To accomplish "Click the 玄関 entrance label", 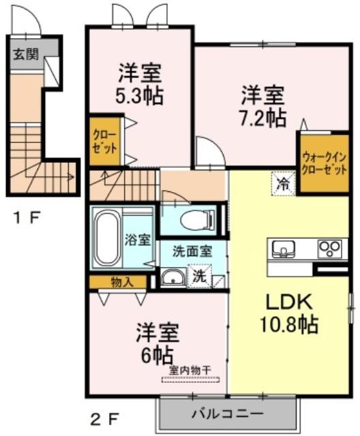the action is click(x=26, y=54).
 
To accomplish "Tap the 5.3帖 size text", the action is click(x=139, y=96).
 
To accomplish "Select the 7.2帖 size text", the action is click(x=262, y=118).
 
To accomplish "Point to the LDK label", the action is click(x=289, y=302).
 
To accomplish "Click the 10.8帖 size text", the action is click(x=289, y=324).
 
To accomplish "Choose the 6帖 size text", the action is click(x=157, y=356).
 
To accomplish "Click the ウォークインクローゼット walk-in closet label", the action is click(x=325, y=163).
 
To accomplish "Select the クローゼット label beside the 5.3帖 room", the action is click(x=104, y=142).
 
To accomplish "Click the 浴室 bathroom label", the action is click(x=138, y=240).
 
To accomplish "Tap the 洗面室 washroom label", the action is click(x=192, y=251).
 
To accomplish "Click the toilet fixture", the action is click(x=198, y=219).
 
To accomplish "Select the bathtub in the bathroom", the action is click(x=107, y=238).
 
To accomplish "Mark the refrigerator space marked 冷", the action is click(x=284, y=184).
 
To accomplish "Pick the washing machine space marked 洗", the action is click(x=200, y=277).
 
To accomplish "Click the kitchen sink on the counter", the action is click(x=284, y=248).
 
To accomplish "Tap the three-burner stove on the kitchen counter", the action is click(x=330, y=248).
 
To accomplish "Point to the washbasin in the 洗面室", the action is click(x=172, y=278).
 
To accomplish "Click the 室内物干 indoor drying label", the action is click(x=190, y=370).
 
